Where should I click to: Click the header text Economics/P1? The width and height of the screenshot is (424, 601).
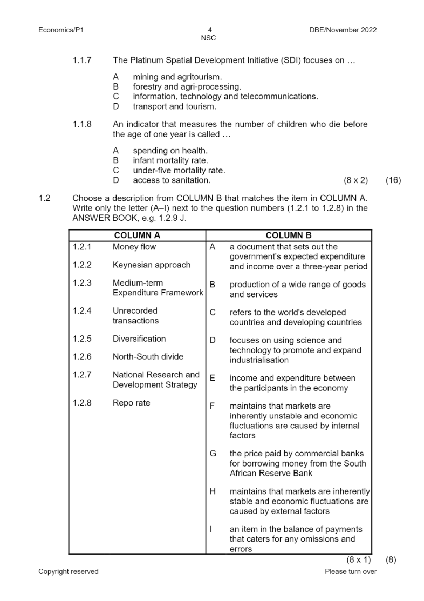(x=61, y=30)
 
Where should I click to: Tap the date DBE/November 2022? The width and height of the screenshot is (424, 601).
(x=339, y=30)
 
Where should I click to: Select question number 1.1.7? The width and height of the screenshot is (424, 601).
(x=82, y=60)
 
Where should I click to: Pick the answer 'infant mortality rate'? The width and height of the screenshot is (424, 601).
(x=170, y=160)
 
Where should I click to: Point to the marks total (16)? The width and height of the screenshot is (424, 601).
(x=393, y=180)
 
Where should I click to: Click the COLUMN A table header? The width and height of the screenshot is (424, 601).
(x=137, y=235)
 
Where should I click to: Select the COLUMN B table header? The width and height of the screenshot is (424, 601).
(x=289, y=235)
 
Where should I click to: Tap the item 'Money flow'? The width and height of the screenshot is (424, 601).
(x=134, y=247)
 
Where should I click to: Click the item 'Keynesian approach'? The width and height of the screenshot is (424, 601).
(x=151, y=265)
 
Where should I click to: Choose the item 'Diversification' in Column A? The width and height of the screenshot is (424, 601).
(x=139, y=339)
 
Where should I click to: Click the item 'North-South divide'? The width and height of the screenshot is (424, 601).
(x=147, y=356)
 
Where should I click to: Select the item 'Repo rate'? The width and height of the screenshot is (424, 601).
(x=131, y=403)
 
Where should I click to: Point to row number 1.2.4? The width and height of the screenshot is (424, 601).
(x=82, y=310)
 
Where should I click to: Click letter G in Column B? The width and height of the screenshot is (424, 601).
(x=213, y=454)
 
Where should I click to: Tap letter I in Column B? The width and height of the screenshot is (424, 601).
(x=212, y=529)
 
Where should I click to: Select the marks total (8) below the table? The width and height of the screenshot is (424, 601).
(x=391, y=560)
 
